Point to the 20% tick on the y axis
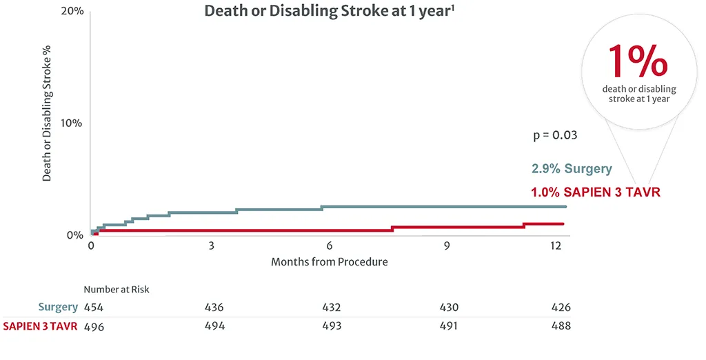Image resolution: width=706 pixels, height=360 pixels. (72, 12)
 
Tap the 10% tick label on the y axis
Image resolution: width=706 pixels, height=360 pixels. (72, 123)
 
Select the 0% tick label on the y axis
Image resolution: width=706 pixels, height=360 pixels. (75, 235)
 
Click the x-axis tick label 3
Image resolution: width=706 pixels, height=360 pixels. (211, 246)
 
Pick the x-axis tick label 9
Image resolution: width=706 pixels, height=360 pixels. (447, 246)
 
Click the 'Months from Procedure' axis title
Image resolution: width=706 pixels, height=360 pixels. (329, 262)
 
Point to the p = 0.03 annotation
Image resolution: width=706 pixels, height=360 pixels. (555, 135)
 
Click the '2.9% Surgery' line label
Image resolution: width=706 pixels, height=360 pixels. (572, 169)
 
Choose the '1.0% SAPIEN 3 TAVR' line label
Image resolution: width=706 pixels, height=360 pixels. (596, 192)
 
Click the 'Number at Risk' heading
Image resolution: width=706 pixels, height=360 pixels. (117, 290)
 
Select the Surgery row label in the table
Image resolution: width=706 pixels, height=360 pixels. (58, 308)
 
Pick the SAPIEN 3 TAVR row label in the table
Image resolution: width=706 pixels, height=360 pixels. (40, 326)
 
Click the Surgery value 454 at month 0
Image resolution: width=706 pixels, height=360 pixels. (94, 308)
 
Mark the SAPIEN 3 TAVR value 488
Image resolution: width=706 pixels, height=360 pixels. (561, 326)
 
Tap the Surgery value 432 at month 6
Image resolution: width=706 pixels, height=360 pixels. (331, 308)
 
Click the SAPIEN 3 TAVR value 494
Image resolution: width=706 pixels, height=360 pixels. (214, 326)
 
